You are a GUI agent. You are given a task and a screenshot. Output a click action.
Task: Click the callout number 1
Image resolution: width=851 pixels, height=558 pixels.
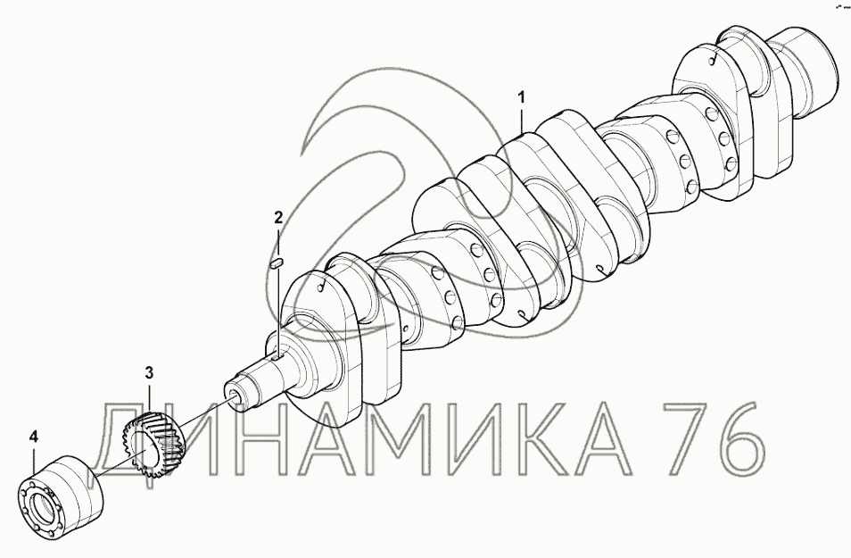[x=522, y=98]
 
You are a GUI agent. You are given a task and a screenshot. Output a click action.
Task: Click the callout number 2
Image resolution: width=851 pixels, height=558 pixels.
[x=278, y=219]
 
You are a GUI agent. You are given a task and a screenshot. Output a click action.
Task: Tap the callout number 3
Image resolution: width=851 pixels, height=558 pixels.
[x=149, y=372]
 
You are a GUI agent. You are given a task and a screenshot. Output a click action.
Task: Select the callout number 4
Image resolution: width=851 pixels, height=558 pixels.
[x=34, y=437]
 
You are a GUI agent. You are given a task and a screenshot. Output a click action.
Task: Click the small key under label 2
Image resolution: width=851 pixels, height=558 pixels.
[x=277, y=263]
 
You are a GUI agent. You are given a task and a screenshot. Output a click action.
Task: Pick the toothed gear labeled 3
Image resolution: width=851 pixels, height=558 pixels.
[x=153, y=445]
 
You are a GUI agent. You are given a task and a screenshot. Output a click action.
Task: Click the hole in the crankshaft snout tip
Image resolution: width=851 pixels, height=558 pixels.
[x=234, y=394]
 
